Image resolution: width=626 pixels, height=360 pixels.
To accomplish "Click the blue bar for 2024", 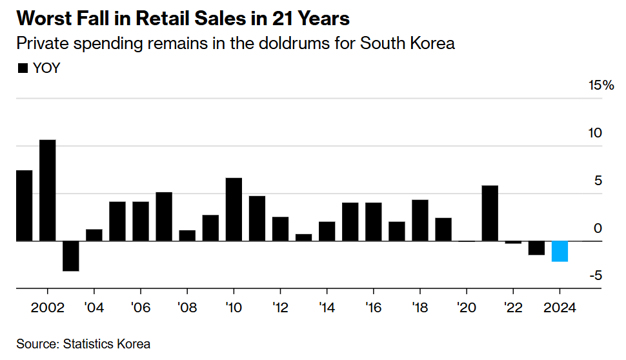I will click(x=560, y=251).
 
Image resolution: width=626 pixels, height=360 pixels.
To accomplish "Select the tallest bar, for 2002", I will click(x=47, y=190).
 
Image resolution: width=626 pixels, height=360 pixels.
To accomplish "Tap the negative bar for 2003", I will click(x=70, y=255).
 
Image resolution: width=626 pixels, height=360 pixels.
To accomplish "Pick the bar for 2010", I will click(x=234, y=209).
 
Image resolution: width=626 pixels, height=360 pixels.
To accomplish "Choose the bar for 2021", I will click(x=490, y=213).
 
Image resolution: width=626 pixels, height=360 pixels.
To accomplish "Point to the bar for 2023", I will click(x=536, y=248).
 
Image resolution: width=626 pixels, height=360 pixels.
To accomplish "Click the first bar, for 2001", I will click(x=24, y=205).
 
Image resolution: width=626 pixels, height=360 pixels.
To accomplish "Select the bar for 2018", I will click(x=420, y=220).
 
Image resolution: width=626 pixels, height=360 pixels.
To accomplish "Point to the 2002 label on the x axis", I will click(x=47, y=306).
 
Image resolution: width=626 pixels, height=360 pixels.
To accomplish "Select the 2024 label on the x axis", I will click(x=560, y=306).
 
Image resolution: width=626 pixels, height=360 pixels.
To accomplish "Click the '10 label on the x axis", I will click(x=234, y=306).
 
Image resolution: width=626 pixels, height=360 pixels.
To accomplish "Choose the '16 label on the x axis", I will click(x=373, y=306).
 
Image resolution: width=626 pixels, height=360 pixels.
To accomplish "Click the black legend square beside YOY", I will click(x=23, y=68).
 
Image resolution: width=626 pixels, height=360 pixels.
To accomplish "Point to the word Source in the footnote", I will click(x=36, y=344).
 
